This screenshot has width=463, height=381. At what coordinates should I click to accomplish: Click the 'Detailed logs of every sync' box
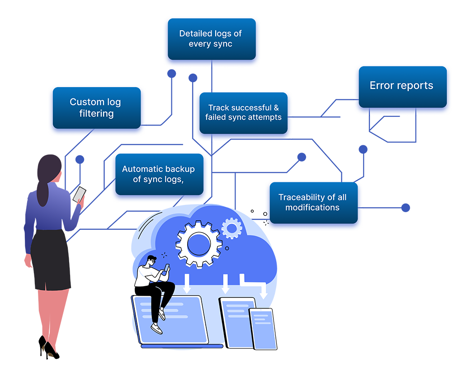(x=210, y=39)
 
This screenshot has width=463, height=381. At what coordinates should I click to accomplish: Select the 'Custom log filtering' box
(x=95, y=108)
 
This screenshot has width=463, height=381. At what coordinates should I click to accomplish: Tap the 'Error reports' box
(x=402, y=86)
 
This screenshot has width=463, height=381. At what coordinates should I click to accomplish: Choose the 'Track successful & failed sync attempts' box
(x=243, y=112)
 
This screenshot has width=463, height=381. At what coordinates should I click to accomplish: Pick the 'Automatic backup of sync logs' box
(x=158, y=174)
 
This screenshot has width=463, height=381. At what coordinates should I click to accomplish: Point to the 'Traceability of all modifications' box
(x=312, y=203)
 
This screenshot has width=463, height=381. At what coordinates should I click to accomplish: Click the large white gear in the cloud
(x=199, y=244)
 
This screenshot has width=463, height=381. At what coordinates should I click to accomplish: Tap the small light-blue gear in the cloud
(x=232, y=228)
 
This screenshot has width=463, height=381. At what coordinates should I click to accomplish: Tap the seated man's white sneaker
(x=156, y=328)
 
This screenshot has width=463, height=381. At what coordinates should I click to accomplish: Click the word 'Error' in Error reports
(x=382, y=86)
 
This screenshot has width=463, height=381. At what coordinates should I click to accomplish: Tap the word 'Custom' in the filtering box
(x=84, y=102)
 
